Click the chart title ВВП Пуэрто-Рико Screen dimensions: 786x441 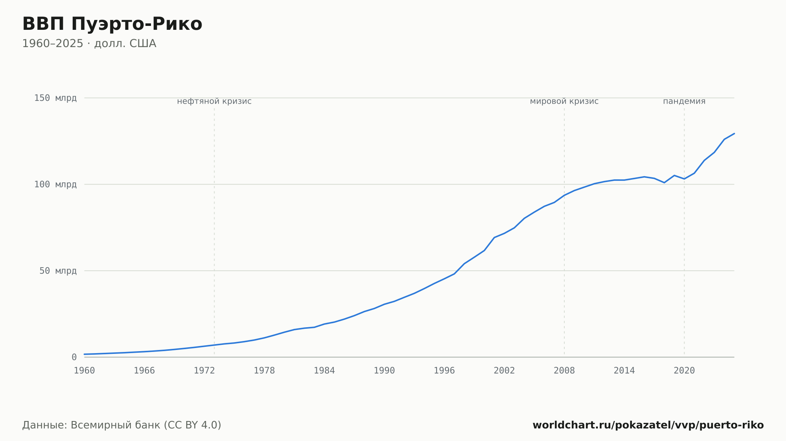pyautogui.click(x=112, y=24)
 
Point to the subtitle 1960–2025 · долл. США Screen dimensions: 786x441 pyautogui.click(x=89, y=44)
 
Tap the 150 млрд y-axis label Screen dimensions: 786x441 pyautogui.click(x=55, y=98)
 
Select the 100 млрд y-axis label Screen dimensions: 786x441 pyautogui.click(x=55, y=184)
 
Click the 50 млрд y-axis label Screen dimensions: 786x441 pyautogui.click(x=58, y=271)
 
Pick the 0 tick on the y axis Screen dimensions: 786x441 pyautogui.click(x=74, y=357)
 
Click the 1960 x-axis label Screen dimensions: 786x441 pyautogui.click(x=84, y=371)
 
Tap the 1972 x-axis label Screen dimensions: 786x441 pyautogui.click(x=204, y=371)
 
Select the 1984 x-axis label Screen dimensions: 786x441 pyautogui.click(x=324, y=371)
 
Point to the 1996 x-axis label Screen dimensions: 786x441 pyautogui.click(x=444, y=371)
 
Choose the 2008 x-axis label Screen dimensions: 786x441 pyautogui.click(x=564, y=371)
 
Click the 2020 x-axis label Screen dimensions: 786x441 pyautogui.click(x=684, y=371)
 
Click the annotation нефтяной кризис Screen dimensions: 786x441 pyautogui.click(x=214, y=101)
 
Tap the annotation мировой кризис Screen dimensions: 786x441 pyautogui.click(x=564, y=101)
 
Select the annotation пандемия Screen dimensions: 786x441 pyautogui.click(x=684, y=101)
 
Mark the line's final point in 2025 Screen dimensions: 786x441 pyautogui.click(x=734, y=133)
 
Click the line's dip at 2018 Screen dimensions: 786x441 pyautogui.click(x=664, y=182)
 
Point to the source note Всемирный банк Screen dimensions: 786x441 pyautogui.click(x=116, y=425)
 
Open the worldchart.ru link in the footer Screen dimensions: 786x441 pyautogui.click(x=648, y=425)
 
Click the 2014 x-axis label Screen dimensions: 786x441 pyautogui.click(x=624, y=371)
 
